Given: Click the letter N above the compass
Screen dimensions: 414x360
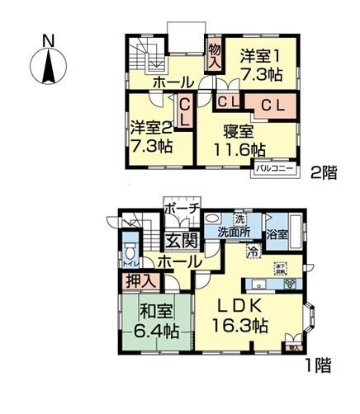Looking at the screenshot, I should (49, 40).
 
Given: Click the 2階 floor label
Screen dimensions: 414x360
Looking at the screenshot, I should (324, 173).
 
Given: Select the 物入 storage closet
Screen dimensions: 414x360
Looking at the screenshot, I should (213, 56).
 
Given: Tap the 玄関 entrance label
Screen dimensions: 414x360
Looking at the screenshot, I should (180, 241).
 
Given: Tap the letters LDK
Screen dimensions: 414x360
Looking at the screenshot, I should (242, 305).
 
